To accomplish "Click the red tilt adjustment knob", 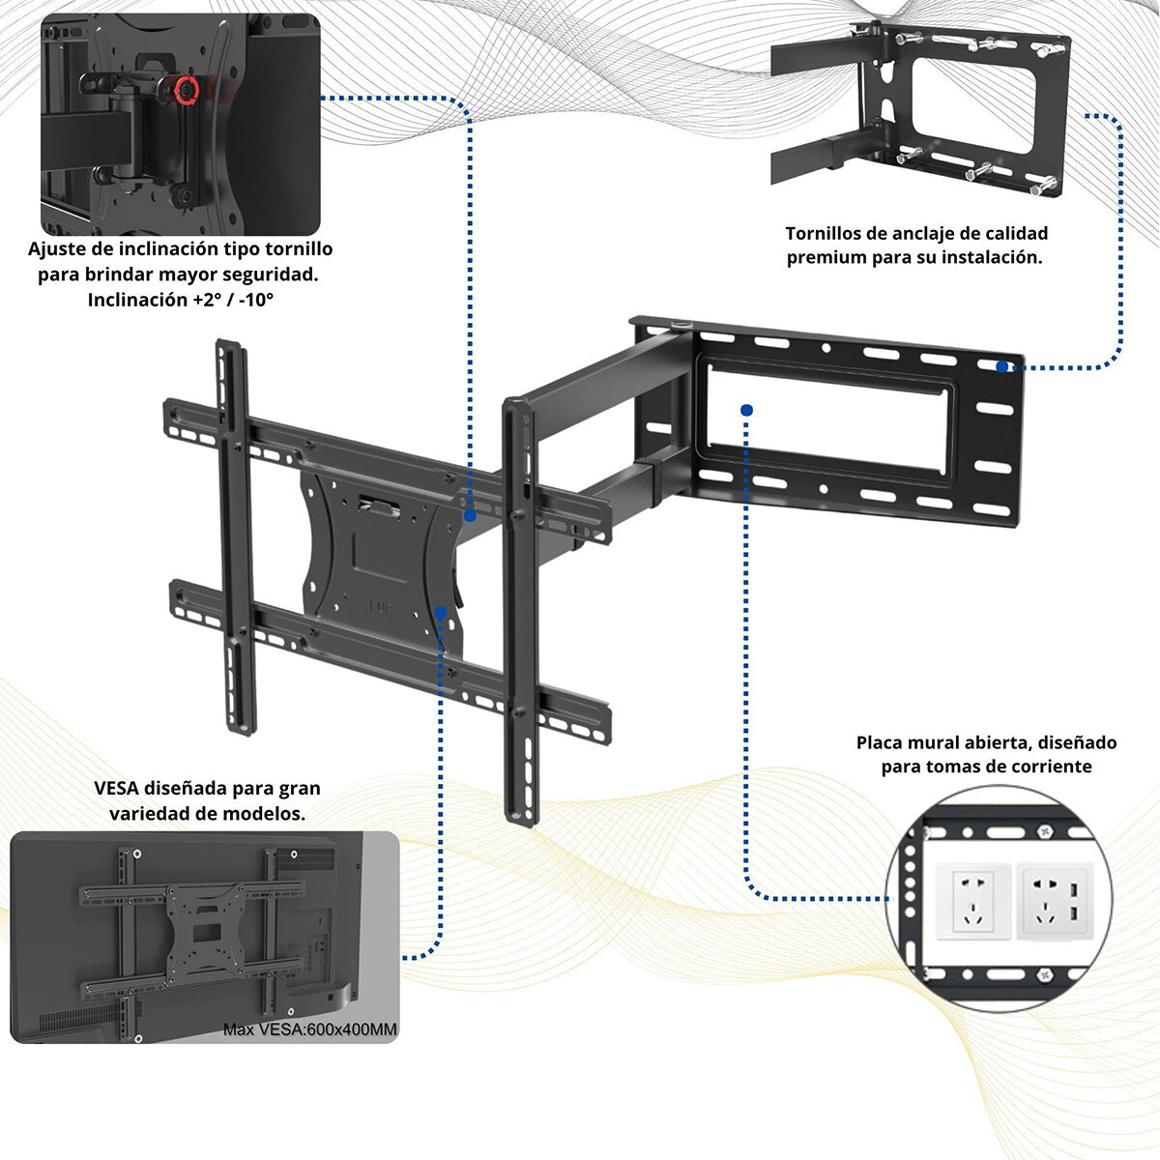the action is [187, 90].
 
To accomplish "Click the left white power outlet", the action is [972, 902].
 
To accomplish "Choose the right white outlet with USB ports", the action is [1053, 901].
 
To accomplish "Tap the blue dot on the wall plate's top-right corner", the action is [1001, 366].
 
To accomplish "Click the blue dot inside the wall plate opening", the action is [746, 410].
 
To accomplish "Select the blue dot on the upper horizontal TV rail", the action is [470, 516].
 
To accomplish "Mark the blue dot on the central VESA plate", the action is [440, 613].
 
